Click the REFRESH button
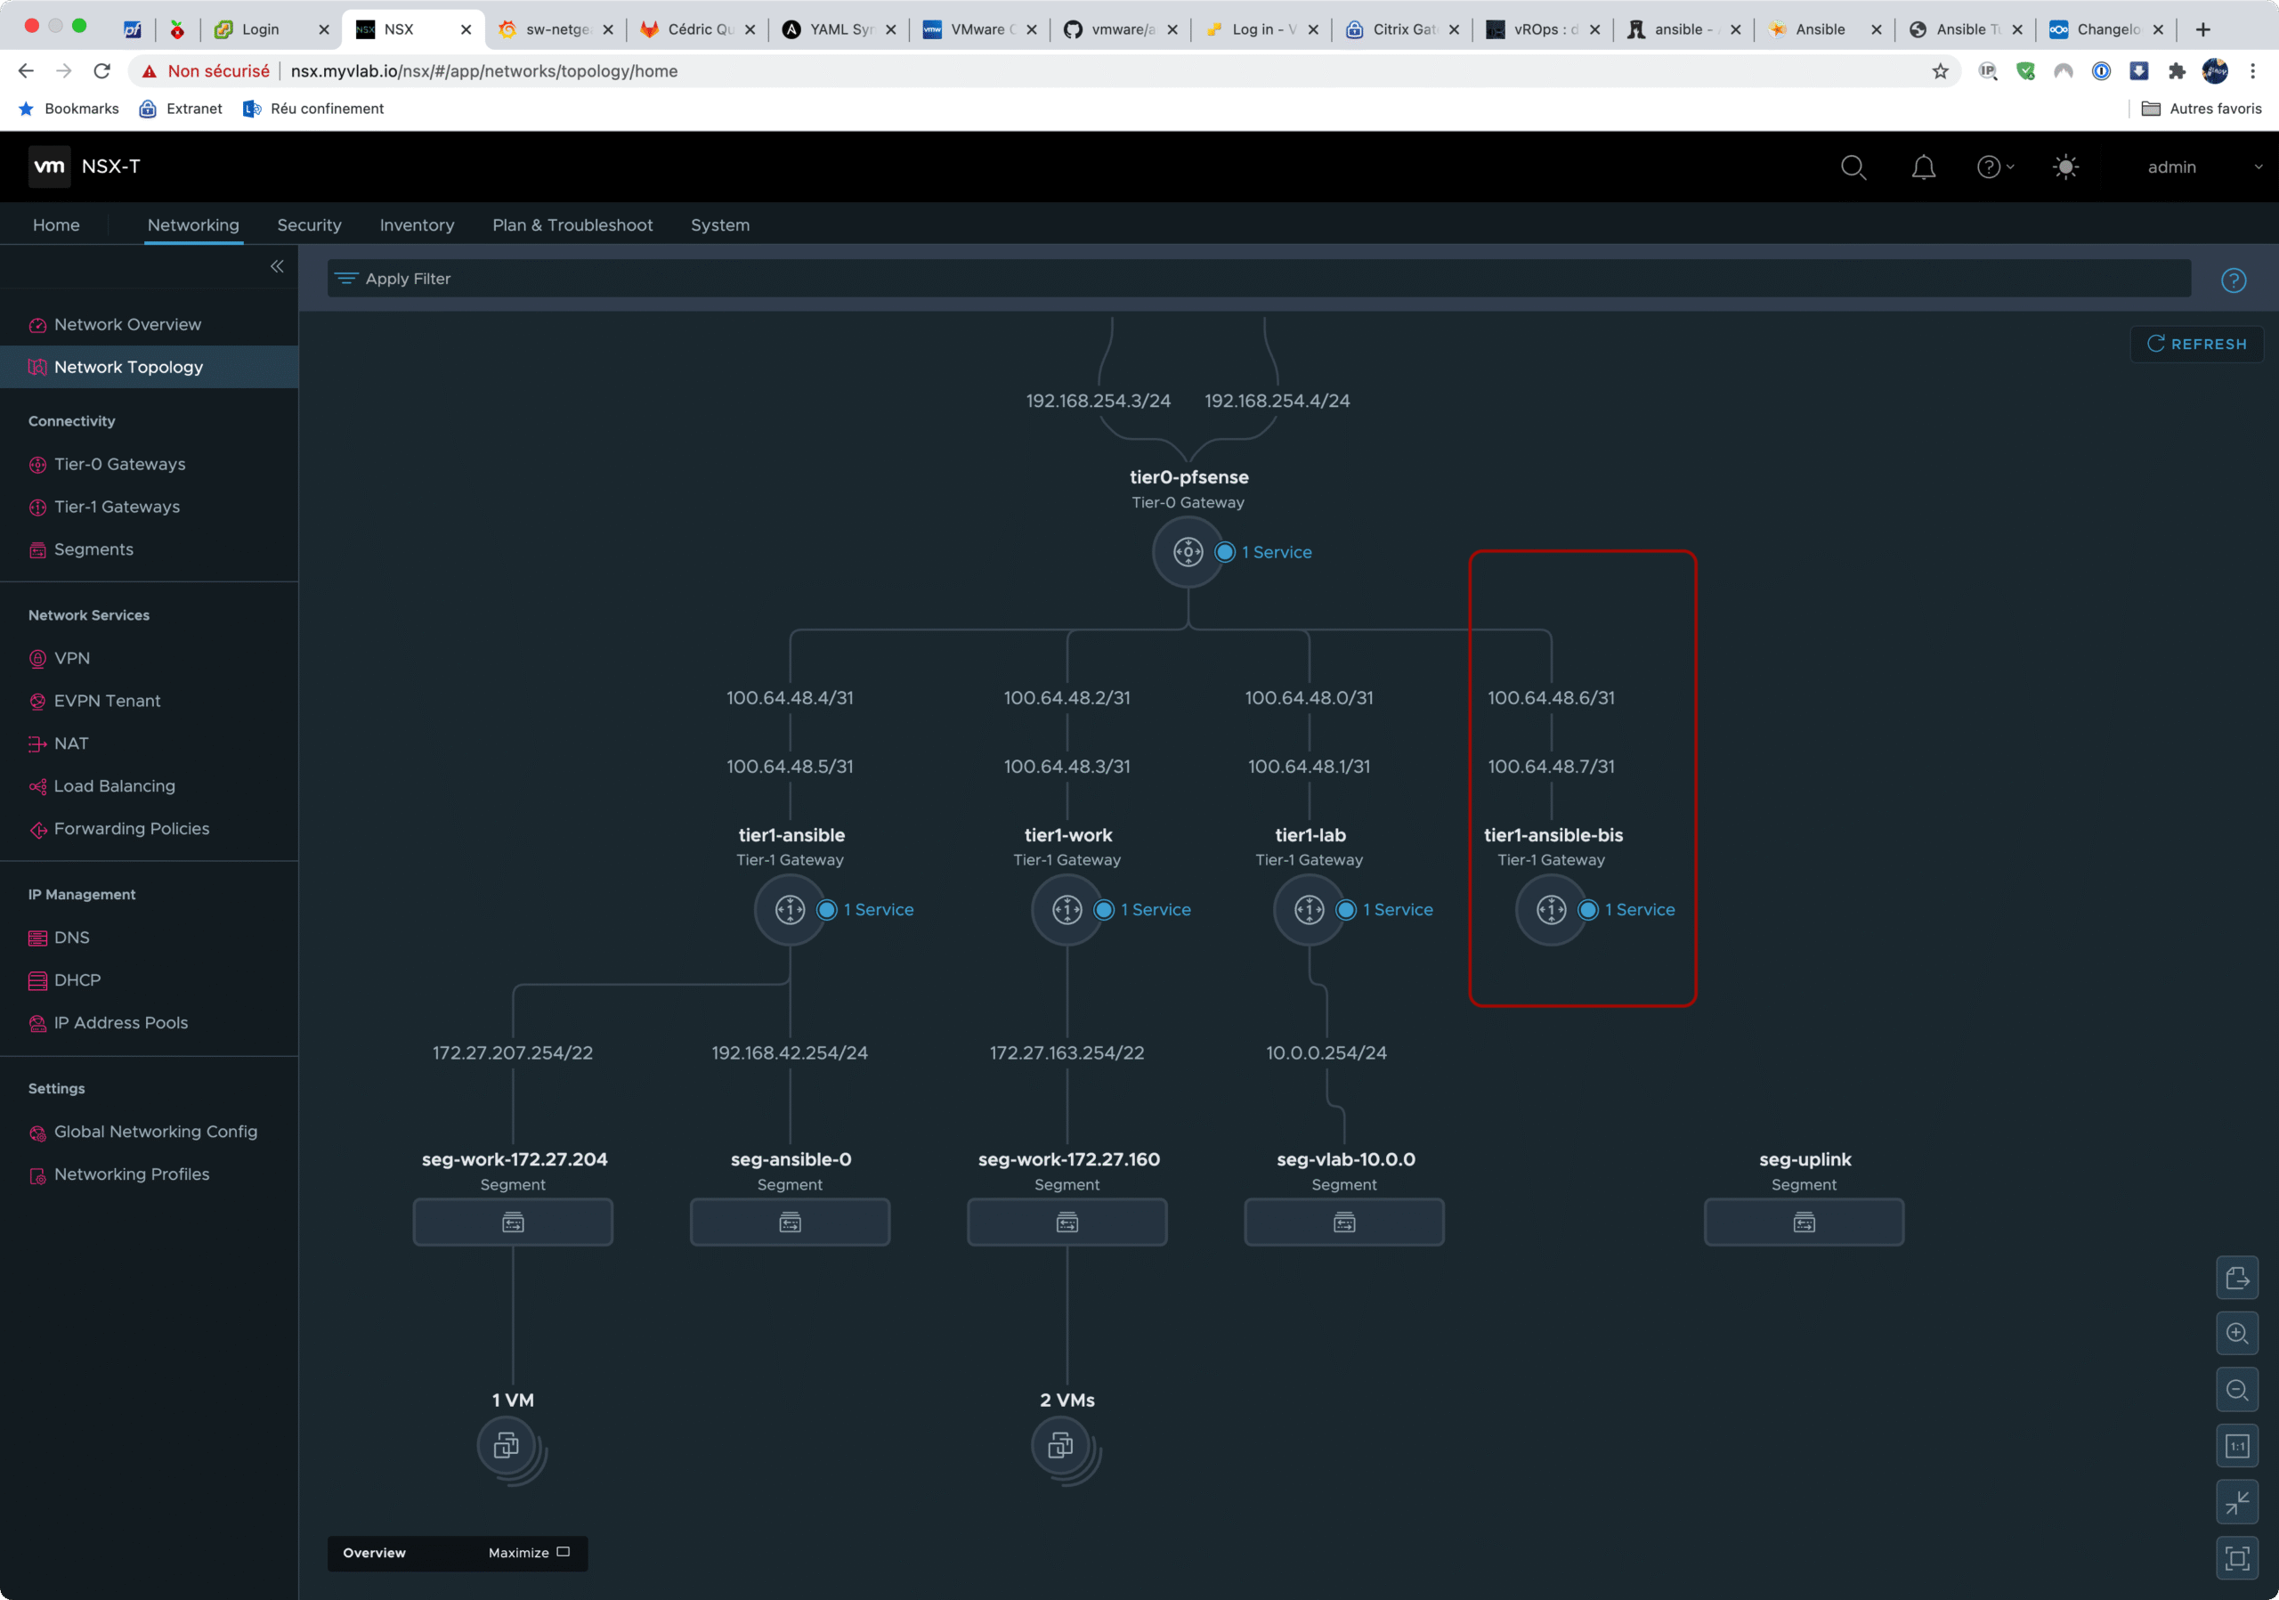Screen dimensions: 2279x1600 point(2196,344)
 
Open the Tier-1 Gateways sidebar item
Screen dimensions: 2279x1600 point(118,507)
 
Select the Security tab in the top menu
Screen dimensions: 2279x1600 point(309,225)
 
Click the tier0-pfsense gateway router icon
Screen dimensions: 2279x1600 point(1188,552)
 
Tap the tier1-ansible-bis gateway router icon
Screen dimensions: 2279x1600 point(1551,909)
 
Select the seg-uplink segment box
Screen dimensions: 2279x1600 point(1804,1222)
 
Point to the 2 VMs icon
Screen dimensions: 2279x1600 point(1063,1446)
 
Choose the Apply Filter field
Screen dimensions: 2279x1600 point(1259,279)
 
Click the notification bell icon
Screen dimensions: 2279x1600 point(1923,166)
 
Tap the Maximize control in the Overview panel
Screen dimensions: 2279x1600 point(528,1552)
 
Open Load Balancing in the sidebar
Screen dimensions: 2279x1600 point(114,786)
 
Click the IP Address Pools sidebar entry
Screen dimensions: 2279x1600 point(120,1022)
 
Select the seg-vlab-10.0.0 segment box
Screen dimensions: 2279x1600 point(1344,1222)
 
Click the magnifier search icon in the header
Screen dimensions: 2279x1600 point(1853,166)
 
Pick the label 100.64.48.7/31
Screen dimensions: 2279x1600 point(1551,767)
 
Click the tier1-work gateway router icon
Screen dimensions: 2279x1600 point(1067,909)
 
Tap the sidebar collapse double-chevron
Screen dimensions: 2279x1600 point(277,266)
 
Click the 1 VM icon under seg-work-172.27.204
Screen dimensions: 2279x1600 point(509,1446)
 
